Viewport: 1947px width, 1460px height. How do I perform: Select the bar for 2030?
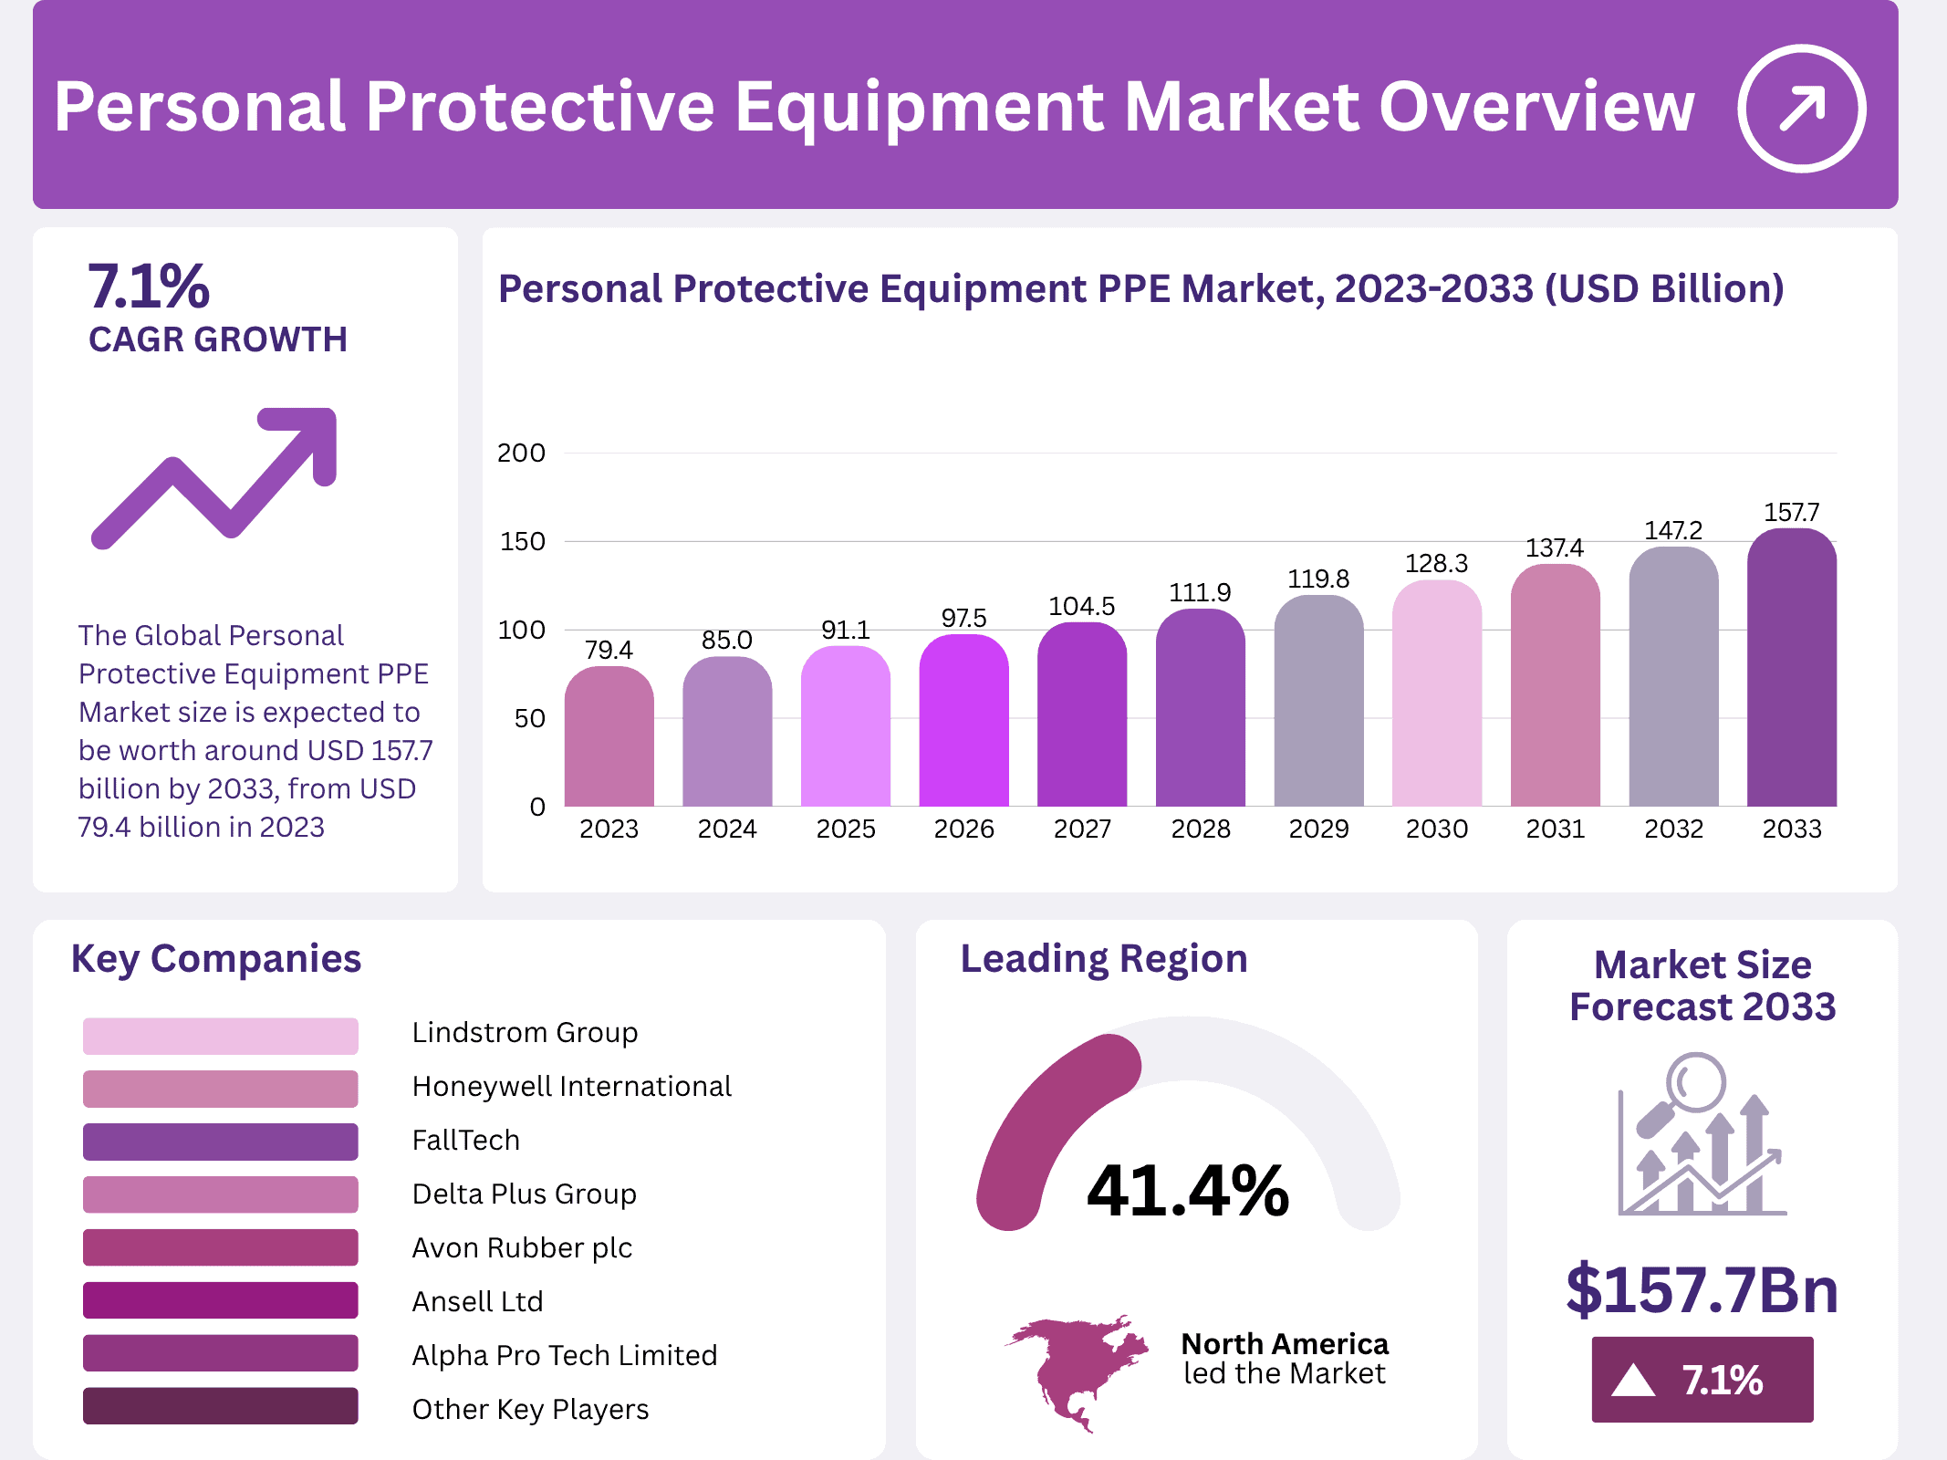tap(1437, 693)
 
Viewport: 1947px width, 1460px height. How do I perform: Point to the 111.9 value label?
tap(1200, 593)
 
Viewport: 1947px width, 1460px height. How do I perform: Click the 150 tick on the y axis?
tap(522, 542)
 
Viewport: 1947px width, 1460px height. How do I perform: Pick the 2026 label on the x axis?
tap(963, 829)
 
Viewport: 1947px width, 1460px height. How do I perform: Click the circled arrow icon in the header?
tap(1801, 109)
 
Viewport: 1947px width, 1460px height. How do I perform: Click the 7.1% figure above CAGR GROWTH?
tap(149, 287)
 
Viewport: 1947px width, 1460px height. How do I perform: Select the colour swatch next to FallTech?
tap(220, 1142)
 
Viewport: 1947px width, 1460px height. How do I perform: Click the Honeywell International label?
tap(571, 1087)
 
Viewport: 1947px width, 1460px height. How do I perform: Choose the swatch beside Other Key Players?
tap(220, 1406)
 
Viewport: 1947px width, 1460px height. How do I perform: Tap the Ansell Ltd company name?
tap(477, 1302)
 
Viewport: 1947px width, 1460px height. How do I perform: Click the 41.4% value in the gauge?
tap(1187, 1192)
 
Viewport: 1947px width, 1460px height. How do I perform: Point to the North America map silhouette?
tap(1075, 1369)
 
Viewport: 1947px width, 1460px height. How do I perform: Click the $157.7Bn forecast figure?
tap(1702, 1290)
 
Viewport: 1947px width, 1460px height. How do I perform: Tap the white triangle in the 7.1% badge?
tap(1633, 1381)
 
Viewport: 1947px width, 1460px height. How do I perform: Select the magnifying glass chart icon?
tap(1702, 1136)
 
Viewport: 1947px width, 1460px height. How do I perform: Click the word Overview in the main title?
tap(1536, 108)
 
